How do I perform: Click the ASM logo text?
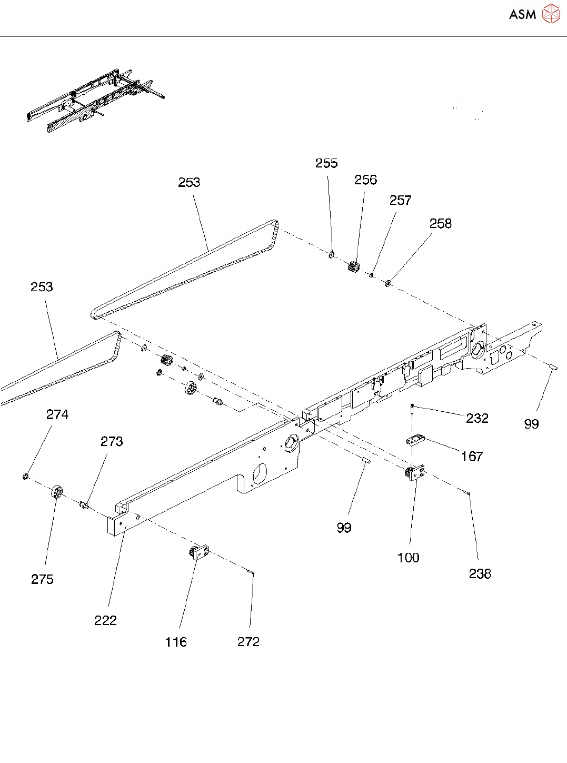522,15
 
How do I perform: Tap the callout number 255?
326,163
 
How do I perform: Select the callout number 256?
365,180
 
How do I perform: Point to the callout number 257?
400,201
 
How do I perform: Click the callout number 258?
440,224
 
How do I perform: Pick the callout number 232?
477,418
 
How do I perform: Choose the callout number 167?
472,457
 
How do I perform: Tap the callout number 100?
408,558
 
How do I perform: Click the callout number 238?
480,573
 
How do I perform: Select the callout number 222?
105,620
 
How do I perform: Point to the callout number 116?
175,642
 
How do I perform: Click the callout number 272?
248,641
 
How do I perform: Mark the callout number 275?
42,579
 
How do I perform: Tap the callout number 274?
57,415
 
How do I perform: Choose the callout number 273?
112,441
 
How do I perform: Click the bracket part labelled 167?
415,439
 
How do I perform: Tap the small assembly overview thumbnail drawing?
95,100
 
